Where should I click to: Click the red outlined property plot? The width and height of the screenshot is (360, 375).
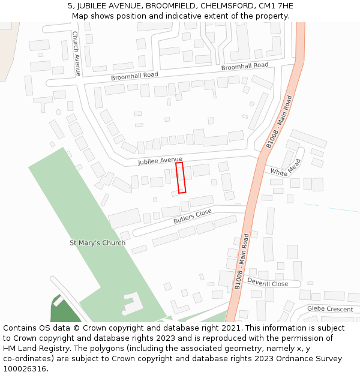pos(181,177)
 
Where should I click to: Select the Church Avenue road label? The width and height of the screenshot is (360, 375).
pos(76,53)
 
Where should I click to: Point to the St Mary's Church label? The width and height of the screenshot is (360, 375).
pos(97,243)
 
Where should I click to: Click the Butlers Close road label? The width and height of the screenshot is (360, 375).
pos(193,217)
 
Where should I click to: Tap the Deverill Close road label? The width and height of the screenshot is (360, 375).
pos(268,283)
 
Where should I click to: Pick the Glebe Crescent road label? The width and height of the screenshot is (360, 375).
pos(329,308)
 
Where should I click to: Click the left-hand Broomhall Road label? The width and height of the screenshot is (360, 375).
pos(134,76)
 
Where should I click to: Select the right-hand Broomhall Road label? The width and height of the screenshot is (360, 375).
pos(244,66)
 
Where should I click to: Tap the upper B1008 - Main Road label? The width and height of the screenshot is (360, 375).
pos(279,121)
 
